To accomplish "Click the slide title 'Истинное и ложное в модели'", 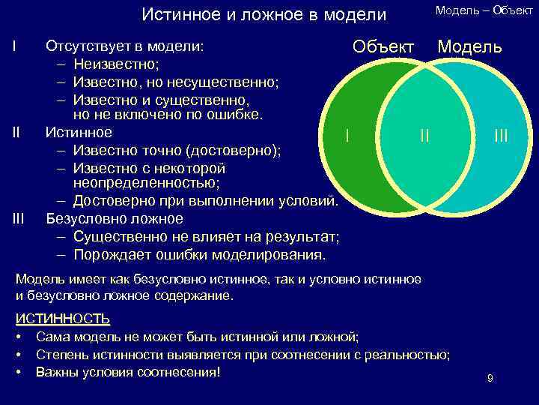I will pos(264,15).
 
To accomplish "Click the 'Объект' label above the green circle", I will pos(383,46).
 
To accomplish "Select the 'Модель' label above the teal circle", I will pos(470,46).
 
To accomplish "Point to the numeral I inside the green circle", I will pos(346,135).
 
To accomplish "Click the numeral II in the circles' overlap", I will pos(424,135).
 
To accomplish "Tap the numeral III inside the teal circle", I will pos(501,135).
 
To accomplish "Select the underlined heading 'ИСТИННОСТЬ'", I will pos(63,318).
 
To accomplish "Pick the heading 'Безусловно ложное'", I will pos(115,219).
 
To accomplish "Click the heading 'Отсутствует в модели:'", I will pos(124,46).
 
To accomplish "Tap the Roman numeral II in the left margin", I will pos(16,133).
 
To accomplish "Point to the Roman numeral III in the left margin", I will pos(19,219).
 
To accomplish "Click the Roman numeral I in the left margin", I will pos(14,46).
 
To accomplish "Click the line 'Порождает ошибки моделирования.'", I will pos(199,254).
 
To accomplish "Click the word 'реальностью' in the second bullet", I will pos(410,354).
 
